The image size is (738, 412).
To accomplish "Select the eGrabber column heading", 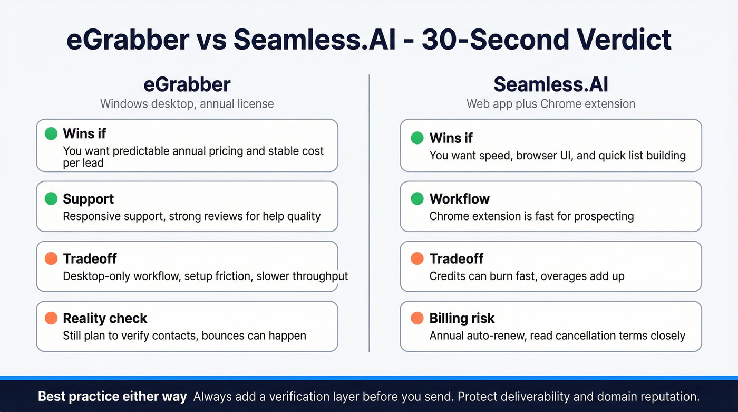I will [x=187, y=85].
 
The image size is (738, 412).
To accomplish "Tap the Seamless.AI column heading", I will [x=550, y=85].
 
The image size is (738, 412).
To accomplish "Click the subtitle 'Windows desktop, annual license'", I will [x=187, y=103].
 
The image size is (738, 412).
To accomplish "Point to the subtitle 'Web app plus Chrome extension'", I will [x=550, y=103].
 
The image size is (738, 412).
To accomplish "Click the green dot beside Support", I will [x=51, y=199].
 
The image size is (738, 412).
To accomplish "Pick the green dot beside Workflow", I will [x=417, y=199].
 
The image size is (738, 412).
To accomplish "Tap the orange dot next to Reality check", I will [x=51, y=318].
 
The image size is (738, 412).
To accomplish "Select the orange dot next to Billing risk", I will [x=417, y=318].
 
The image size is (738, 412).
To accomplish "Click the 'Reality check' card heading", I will [x=105, y=318].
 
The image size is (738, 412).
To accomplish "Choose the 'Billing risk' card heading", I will [x=462, y=318].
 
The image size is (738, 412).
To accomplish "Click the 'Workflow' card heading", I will [x=459, y=199].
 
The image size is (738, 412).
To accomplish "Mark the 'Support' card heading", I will [x=88, y=199].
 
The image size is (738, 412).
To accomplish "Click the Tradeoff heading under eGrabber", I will [x=90, y=258].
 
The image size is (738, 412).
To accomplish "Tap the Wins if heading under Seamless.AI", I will [x=451, y=138].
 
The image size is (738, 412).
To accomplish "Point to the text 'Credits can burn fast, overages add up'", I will [x=527, y=276].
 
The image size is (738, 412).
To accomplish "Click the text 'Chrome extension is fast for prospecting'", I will [x=531, y=216].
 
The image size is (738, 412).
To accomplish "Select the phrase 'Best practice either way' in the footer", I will [x=112, y=397].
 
